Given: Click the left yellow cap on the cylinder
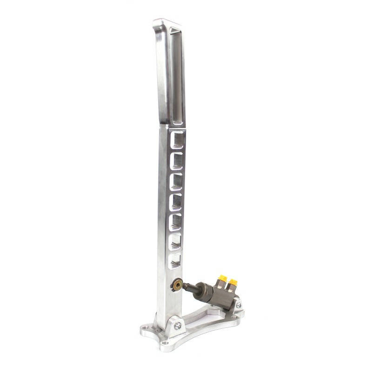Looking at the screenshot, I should [x=222, y=278].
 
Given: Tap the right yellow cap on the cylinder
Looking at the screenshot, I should [x=232, y=282].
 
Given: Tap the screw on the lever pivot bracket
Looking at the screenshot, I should [x=177, y=326].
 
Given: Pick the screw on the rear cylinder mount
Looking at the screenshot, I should [x=239, y=305].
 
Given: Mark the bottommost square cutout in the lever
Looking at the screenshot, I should [x=174, y=261].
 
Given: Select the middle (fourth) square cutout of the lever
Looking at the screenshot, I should [x=175, y=201].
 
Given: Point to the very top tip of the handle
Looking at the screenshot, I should [x=160, y=20].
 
